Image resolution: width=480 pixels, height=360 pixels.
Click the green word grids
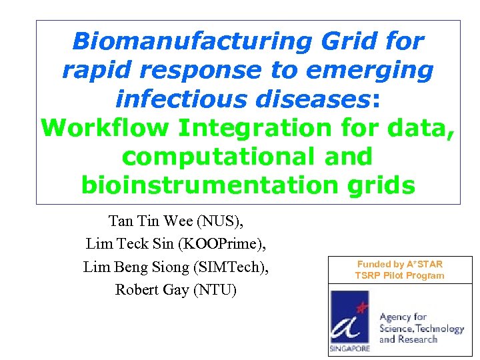(381, 185)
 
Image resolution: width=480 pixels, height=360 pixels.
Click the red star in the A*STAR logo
(362, 308)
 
